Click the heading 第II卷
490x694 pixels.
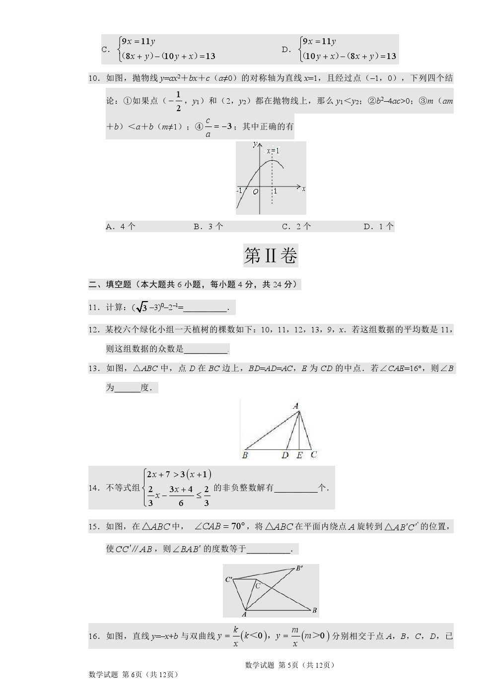point(271,256)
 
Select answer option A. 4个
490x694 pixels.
point(121,227)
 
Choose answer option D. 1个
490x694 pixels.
point(378,227)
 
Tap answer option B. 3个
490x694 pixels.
point(208,227)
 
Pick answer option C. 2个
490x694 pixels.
point(296,227)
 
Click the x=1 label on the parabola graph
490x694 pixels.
point(273,151)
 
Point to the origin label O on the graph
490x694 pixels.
point(255,191)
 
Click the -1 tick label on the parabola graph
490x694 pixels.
point(239,190)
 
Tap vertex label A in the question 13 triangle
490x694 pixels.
point(296,406)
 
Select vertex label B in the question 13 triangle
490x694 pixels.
point(245,455)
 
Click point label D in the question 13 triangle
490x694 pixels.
point(285,455)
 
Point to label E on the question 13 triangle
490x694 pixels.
point(299,455)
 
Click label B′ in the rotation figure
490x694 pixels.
point(299,568)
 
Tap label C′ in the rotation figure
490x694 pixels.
point(229,579)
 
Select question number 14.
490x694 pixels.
point(94,488)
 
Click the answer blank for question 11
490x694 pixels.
point(205,309)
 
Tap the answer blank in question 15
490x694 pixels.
point(269,550)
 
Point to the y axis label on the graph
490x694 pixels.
point(255,144)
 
